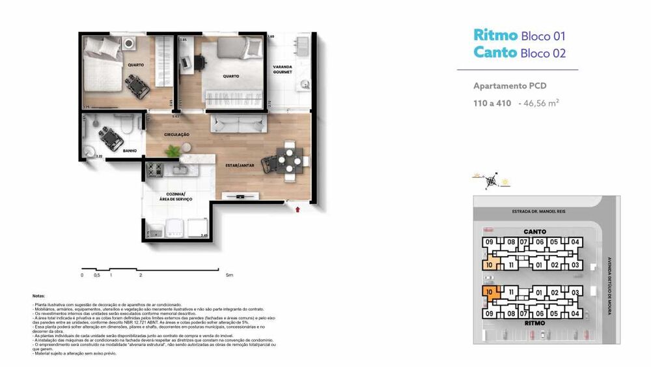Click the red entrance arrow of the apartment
[x=298, y=209]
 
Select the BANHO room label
[x=130, y=151]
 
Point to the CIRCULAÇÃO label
[x=176, y=134]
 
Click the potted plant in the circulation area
[x=173, y=151]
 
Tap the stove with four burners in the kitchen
[x=155, y=170]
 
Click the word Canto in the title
[x=495, y=52]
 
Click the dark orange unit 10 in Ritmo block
[x=492, y=293]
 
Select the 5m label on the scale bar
[x=229, y=275]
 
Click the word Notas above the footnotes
[x=38, y=296]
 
